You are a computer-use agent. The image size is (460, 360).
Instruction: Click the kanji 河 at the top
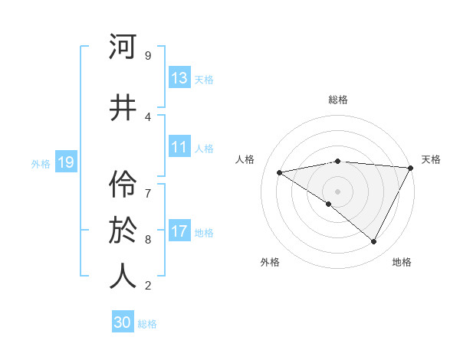click(123, 47)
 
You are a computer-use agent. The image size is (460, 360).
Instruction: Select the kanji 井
click(123, 107)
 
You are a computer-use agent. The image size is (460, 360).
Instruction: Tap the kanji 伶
click(123, 182)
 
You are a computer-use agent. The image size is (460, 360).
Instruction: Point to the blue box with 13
click(179, 78)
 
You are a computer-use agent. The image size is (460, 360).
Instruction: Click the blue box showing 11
click(179, 147)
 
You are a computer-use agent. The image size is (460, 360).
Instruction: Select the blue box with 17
click(179, 231)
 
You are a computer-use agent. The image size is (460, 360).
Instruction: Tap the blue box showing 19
click(65, 162)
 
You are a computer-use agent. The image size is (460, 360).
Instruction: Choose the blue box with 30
click(123, 323)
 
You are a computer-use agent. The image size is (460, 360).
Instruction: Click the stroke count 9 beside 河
click(148, 55)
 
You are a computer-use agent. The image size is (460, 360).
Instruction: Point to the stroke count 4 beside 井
click(148, 116)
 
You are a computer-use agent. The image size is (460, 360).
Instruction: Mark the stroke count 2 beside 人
click(148, 286)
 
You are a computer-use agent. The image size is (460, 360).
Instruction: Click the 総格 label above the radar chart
click(337, 100)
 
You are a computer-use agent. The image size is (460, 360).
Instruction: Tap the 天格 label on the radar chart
click(431, 159)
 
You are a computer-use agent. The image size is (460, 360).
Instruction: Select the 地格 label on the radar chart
click(402, 262)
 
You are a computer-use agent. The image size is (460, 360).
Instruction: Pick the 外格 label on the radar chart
click(270, 262)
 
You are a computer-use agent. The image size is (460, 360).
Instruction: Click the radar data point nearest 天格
click(411, 168)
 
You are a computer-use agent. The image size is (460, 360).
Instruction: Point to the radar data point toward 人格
click(279, 172)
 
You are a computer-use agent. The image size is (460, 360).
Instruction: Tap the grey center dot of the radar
click(337, 191)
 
